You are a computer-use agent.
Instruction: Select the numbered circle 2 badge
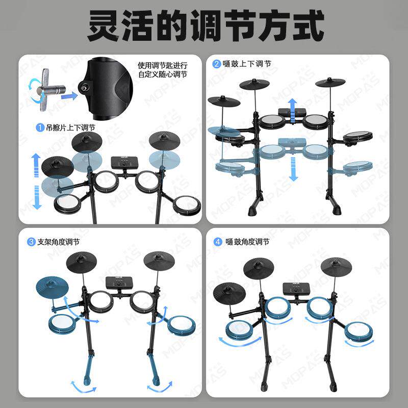pos(216,64)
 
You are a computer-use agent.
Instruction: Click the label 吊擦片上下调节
pos(70,127)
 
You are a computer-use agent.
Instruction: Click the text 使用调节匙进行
pos(163,65)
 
